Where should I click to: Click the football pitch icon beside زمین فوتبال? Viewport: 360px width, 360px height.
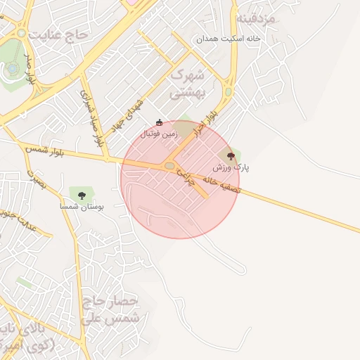click(x=159, y=122)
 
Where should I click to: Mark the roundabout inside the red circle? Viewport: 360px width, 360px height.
click(x=171, y=166)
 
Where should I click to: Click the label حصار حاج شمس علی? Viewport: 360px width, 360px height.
click(x=112, y=309)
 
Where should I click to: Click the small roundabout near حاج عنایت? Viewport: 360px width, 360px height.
click(x=22, y=33)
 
